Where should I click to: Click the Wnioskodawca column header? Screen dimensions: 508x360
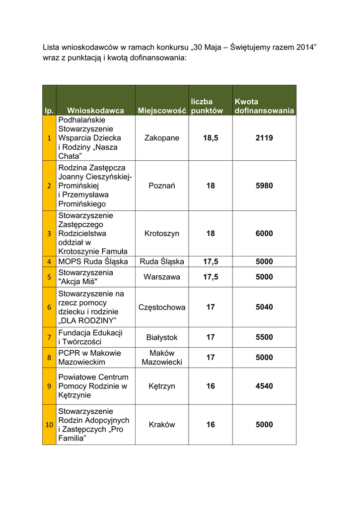click(x=95, y=111)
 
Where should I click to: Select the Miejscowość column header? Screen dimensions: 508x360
click(x=162, y=111)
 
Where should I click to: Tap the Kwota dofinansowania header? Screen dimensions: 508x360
click(x=264, y=106)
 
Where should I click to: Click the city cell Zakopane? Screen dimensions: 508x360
click(x=162, y=138)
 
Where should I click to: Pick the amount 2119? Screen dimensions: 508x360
click(x=264, y=138)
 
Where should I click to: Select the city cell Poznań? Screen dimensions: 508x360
click(x=162, y=186)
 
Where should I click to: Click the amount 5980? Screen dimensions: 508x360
click(x=264, y=186)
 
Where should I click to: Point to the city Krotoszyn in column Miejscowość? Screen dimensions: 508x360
click(x=162, y=233)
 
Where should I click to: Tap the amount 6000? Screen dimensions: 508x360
click(x=264, y=233)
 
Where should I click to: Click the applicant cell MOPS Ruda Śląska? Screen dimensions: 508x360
click(x=93, y=261)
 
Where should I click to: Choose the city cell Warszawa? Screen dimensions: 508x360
click(x=162, y=277)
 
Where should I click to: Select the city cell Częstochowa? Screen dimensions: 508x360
click(x=162, y=307)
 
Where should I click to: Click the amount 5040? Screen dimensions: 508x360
click(x=264, y=307)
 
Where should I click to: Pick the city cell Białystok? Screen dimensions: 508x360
click(x=162, y=337)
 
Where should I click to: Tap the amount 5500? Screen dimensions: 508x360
click(x=264, y=337)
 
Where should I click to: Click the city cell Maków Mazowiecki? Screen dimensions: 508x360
click(x=162, y=357)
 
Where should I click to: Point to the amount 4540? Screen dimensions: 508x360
click(x=264, y=386)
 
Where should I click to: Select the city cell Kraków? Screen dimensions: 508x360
click(x=162, y=425)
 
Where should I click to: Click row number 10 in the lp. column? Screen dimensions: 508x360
click(x=49, y=425)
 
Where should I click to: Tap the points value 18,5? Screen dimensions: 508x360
click(x=211, y=138)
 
